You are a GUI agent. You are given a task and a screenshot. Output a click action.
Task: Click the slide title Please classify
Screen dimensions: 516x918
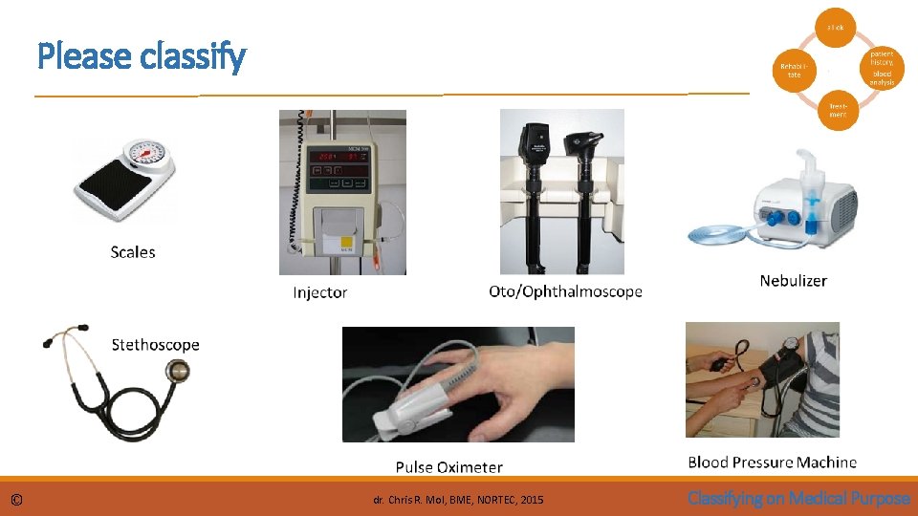click(142, 57)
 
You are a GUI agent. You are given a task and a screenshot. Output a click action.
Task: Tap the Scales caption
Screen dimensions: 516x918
click(133, 252)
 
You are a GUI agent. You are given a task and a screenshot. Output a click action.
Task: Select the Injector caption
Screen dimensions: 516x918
click(319, 292)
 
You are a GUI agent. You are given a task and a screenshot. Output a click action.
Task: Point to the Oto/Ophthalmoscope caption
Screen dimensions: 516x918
click(565, 291)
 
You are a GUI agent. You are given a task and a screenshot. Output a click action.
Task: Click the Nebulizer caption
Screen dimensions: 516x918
click(793, 280)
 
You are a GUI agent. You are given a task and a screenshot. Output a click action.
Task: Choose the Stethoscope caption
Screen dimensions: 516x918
click(155, 344)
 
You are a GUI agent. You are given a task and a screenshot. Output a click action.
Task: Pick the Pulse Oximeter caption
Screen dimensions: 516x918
click(448, 467)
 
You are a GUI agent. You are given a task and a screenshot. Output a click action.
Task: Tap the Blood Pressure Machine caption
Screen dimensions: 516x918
click(772, 462)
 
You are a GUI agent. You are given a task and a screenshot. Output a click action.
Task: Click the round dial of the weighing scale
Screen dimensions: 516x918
click(145, 153)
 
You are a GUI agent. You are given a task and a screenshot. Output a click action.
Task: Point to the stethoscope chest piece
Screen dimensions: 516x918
click(177, 371)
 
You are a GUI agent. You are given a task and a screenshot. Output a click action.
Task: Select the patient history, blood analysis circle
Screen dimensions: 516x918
click(881, 68)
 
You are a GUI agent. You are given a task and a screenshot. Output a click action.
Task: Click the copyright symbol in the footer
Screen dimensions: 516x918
click(17, 500)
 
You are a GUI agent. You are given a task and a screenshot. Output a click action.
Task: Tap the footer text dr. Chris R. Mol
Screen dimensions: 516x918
click(458, 500)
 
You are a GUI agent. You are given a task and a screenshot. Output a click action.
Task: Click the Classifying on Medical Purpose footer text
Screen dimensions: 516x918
click(798, 498)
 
